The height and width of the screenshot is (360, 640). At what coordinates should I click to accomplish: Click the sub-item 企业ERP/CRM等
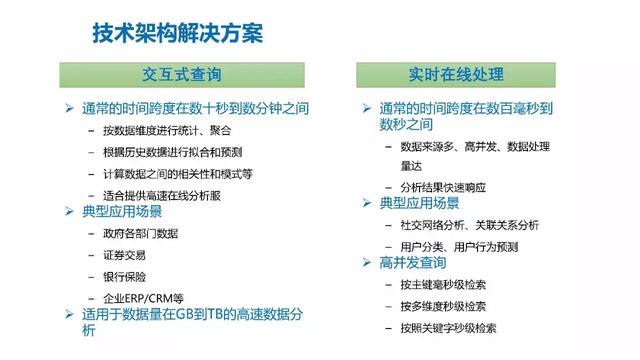[x=143, y=298]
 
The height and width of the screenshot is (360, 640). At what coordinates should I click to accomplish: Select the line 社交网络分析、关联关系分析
[x=468, y=224]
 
